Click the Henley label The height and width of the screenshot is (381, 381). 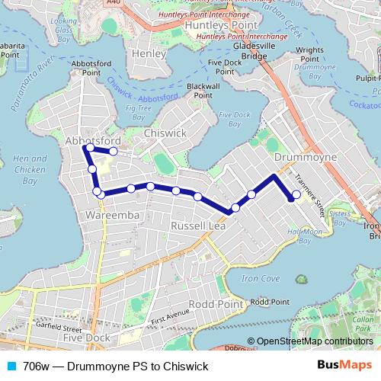tap(148, 54)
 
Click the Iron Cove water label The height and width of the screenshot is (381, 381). tap(256, 279)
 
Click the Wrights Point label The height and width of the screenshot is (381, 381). tap(310, 55)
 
